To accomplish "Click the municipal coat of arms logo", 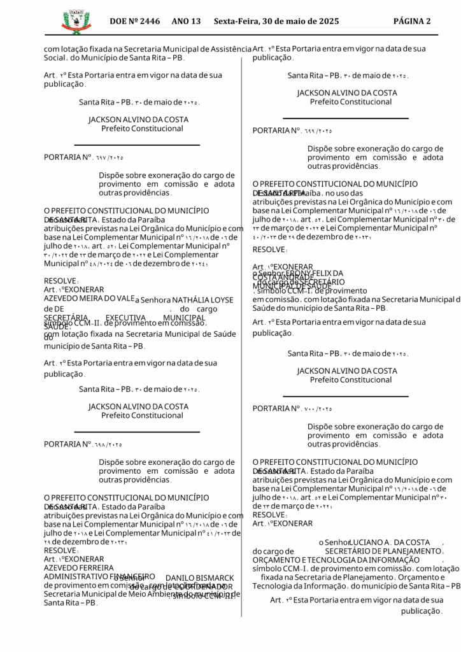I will pyautogui.click(x=76, y=22).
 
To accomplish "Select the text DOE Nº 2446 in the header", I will pyautogui.click(x=134, y=22).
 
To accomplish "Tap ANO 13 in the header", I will pyautogui.click(x=186, y=22).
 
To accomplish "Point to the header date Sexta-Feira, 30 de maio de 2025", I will pyautogui.click(x=276, y=22).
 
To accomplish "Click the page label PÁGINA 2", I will pyautogui.click(x=412, y=22).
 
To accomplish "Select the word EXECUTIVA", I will pyautogui.click(x=126, y=317).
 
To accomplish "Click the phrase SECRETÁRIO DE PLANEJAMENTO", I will pyautogui.click(x=383, y=551).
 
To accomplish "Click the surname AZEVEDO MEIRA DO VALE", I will pyautogui.click(x=89, y=298).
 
